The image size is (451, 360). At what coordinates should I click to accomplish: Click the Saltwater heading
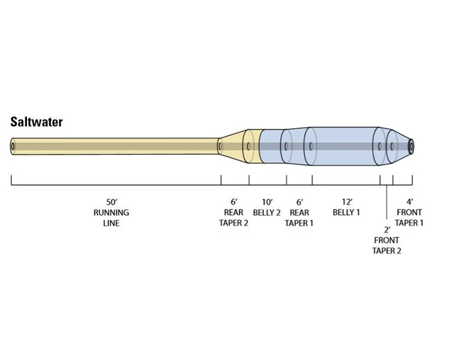point(36,122)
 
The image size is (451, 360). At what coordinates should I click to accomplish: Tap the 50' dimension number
point(111,201)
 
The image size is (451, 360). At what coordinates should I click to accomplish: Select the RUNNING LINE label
point(111,218)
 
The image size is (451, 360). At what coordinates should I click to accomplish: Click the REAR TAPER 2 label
point(235,218)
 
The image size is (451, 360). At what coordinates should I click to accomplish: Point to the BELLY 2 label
point(267,212)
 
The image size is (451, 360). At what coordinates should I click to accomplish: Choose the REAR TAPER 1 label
point(299,218)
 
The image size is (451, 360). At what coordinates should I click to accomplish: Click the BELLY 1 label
point(346,212)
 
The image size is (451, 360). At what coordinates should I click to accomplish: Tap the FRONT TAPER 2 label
point(387,245)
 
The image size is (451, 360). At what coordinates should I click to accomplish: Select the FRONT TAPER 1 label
point(409,218)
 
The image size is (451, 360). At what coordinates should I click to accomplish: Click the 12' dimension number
point(346,201)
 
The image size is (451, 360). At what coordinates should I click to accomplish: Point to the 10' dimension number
point(267,201)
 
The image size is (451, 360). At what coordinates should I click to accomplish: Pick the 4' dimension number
point(409,201)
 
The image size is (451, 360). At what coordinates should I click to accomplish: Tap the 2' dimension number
point(387,229)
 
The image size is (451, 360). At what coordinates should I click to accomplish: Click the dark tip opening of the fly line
point(411,146)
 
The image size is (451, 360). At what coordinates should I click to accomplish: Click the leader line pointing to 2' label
point(386,205)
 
